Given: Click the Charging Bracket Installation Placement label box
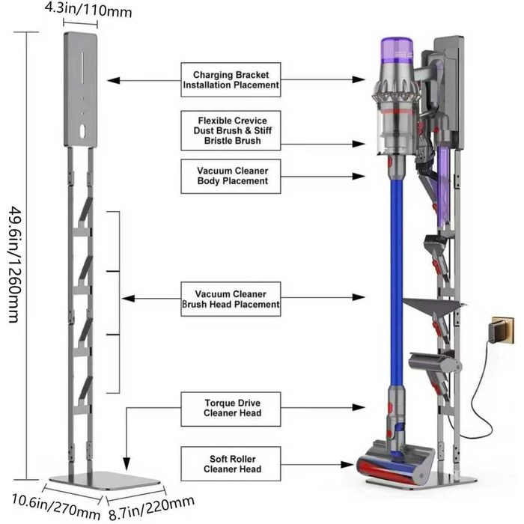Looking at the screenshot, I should coord(231,80).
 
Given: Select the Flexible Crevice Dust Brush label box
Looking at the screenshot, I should coord(231,130).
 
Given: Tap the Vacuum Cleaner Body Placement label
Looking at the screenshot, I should coord(231,175).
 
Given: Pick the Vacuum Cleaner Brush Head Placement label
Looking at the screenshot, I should coord(231,299).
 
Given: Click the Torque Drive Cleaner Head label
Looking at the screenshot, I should coord(231,407).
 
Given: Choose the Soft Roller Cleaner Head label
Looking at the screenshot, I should coord(231,463).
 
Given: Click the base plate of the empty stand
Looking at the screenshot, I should coord(105,478).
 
